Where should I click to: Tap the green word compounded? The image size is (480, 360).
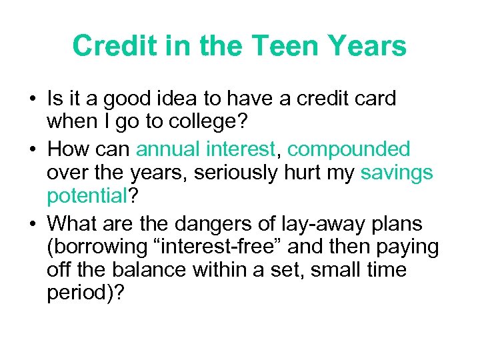pos(349,149)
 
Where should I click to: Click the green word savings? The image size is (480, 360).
pos(397,173)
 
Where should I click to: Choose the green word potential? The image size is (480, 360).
pos(87,197)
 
